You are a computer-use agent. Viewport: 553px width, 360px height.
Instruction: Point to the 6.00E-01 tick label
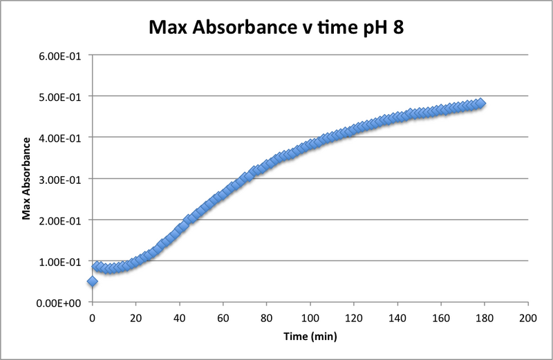pos(60,55)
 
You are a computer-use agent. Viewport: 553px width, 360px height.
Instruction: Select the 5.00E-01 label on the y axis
pos(60,96)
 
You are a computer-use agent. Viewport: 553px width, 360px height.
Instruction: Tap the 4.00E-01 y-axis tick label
pos(60,138)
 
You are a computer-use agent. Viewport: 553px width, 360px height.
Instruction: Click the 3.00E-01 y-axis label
pos(60,179)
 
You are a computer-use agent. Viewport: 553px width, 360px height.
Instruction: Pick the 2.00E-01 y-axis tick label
pos(60,220)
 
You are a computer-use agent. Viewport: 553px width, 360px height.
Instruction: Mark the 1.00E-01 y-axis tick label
pos(60,262)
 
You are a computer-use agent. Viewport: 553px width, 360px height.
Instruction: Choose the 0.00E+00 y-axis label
pos(59,303)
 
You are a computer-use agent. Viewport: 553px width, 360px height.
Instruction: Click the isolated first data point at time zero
pos(93,282)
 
